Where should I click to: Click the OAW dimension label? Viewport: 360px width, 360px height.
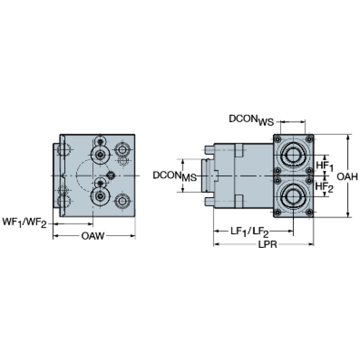point(93,236)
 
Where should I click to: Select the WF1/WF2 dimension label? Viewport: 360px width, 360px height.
point(24,222)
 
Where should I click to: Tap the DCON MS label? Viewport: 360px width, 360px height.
point(175,176)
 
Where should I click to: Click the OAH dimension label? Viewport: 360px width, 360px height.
point(347,176)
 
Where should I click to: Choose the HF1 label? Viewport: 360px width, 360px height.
point(324,166)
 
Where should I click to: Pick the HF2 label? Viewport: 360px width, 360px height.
point(324,187)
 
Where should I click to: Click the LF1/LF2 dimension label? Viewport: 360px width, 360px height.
point(250,232)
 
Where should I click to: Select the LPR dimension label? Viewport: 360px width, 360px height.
point(268,245)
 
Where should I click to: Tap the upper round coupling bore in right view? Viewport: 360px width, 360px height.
point(293,154)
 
